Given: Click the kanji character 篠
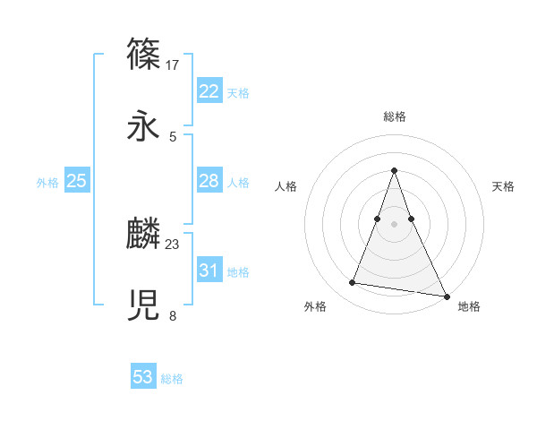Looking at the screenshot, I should (x=144, y=54).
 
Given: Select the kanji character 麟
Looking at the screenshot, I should (x=144, y=233).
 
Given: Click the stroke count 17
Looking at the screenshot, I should (x=173, y=64).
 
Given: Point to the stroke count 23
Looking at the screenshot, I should (x=173, y=244).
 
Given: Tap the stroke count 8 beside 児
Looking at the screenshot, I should (x=173, y=315).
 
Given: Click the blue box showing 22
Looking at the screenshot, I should (x=209, y=91).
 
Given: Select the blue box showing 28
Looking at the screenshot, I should (x=209, y=181).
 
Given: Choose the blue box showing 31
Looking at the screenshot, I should (x=209, y=271).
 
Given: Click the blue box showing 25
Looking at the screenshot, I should (x=76, y=181).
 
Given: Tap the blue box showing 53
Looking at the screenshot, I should (x=142, y=377).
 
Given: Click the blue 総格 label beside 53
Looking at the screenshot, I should (x=172, y=379).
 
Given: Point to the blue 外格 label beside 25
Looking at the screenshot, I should (x=47, y=183).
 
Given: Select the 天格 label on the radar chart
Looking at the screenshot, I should (x=504, y=186).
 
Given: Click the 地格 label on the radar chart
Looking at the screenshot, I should (x=469, y=306).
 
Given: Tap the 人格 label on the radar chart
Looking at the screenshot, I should (x=286, y=186).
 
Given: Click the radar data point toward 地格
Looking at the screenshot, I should (x=447, y=296).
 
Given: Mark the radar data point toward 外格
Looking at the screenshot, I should (x=353, y=283).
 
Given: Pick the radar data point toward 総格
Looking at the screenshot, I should (x=395, y=170).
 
